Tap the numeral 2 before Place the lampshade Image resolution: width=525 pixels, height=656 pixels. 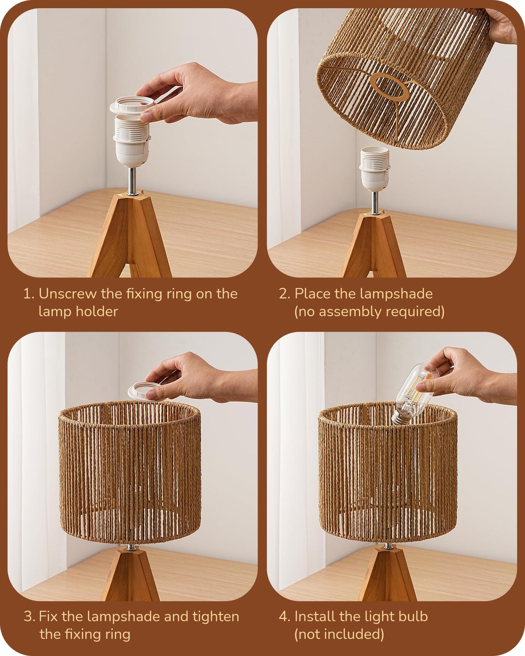[x=284, y=294]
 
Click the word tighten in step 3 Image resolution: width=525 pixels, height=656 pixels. [x=216, y=617]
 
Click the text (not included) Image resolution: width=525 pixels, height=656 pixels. [x=339, y=634]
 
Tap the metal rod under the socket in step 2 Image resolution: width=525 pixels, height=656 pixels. [x=374, y=202]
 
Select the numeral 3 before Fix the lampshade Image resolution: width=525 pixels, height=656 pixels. [x=29, y=617]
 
